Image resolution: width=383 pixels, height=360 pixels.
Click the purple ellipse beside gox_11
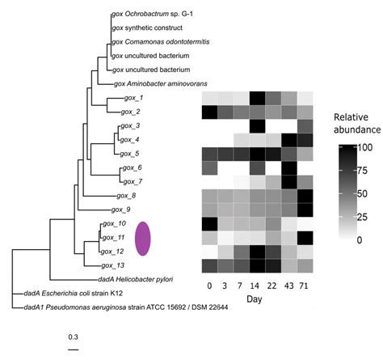144,239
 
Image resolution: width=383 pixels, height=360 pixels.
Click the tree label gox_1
130,98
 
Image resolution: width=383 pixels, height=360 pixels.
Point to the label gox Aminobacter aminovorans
162,83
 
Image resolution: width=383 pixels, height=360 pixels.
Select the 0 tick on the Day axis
209,286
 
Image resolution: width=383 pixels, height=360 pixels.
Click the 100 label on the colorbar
362,148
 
